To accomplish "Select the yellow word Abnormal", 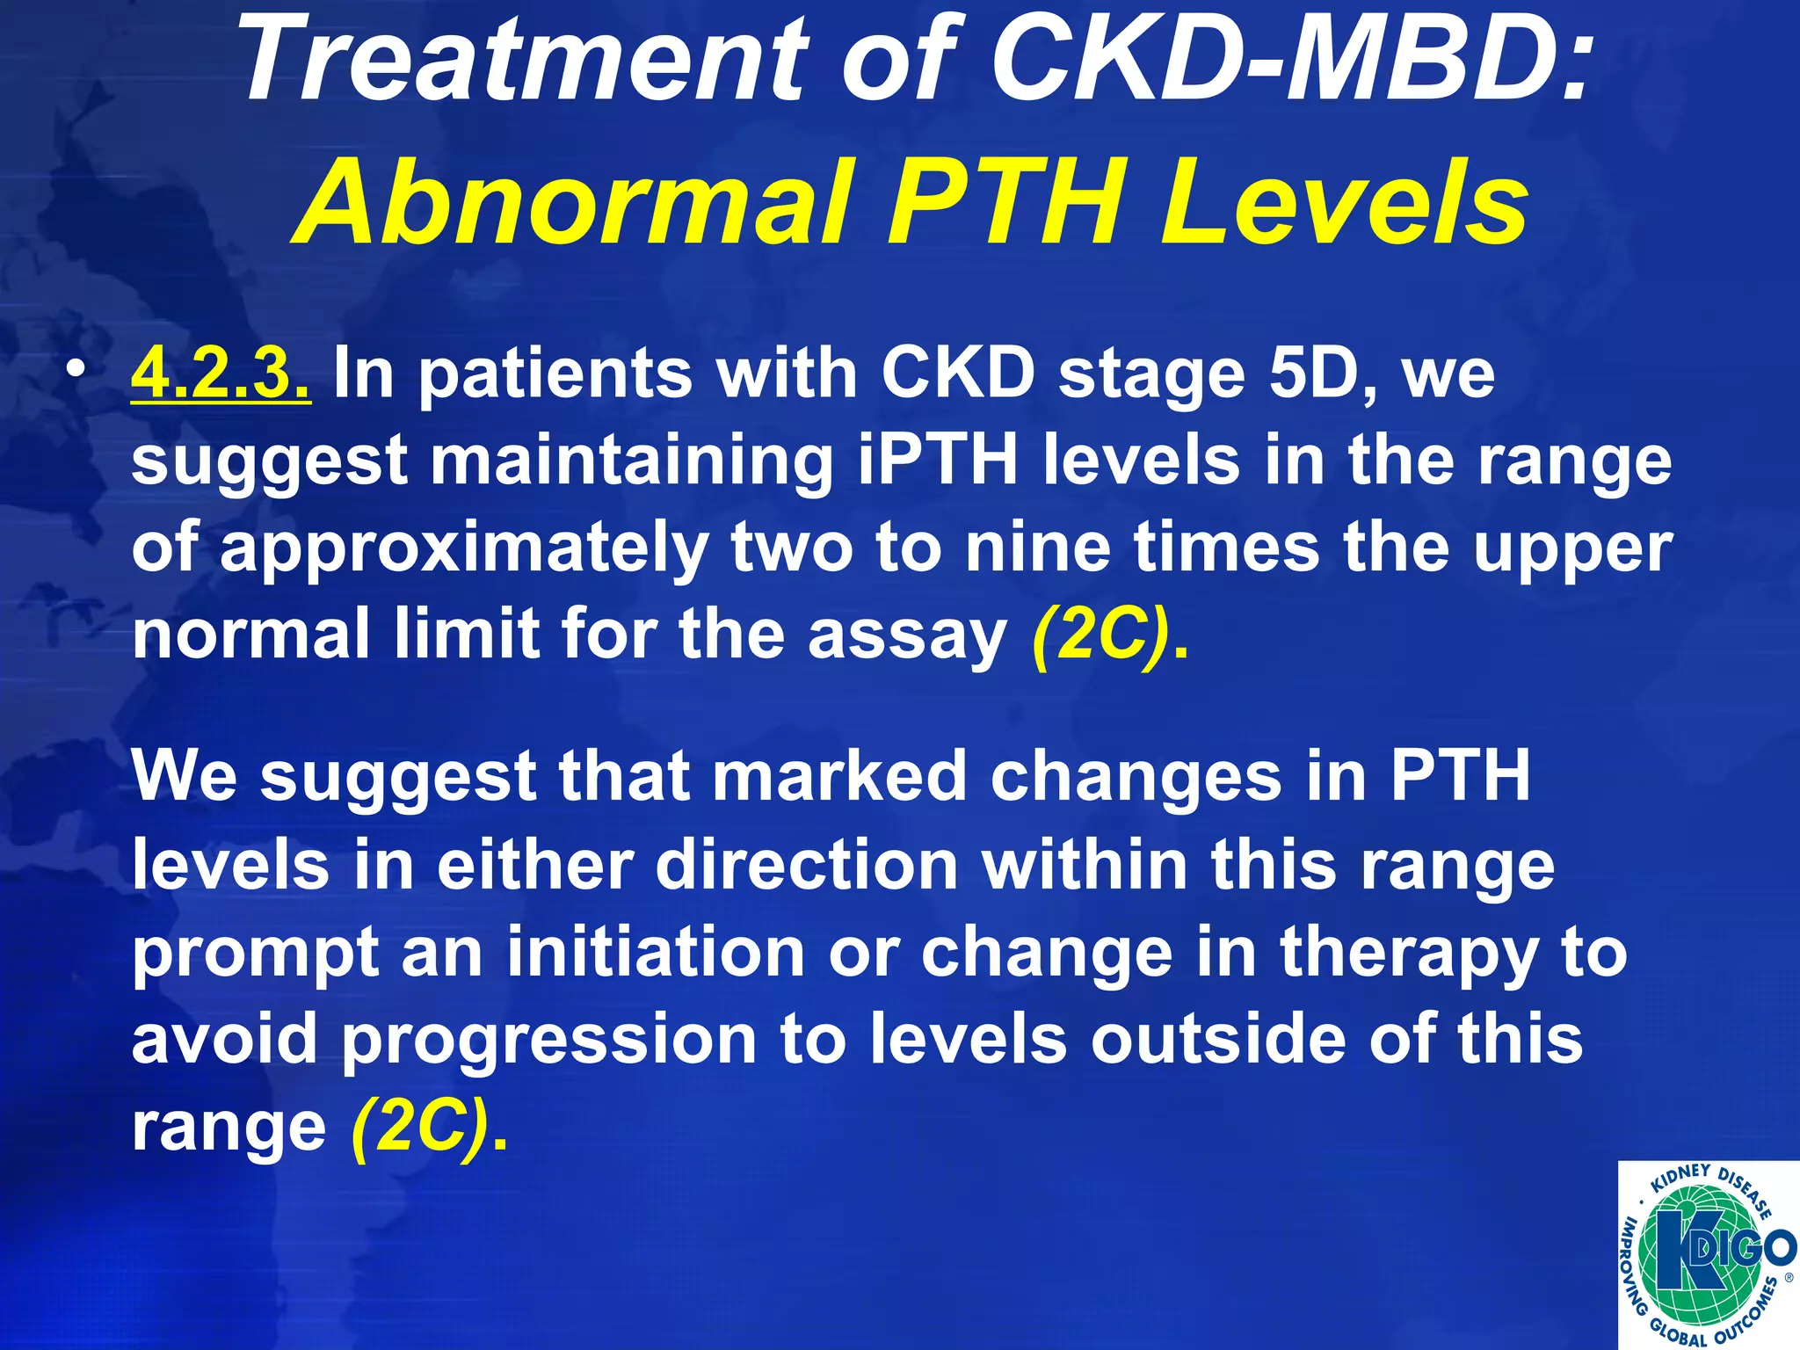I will pos(576,204).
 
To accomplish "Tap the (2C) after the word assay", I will pos(1103,635).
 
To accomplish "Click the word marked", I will pos(838,776).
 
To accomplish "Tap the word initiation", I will pos(656,952).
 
